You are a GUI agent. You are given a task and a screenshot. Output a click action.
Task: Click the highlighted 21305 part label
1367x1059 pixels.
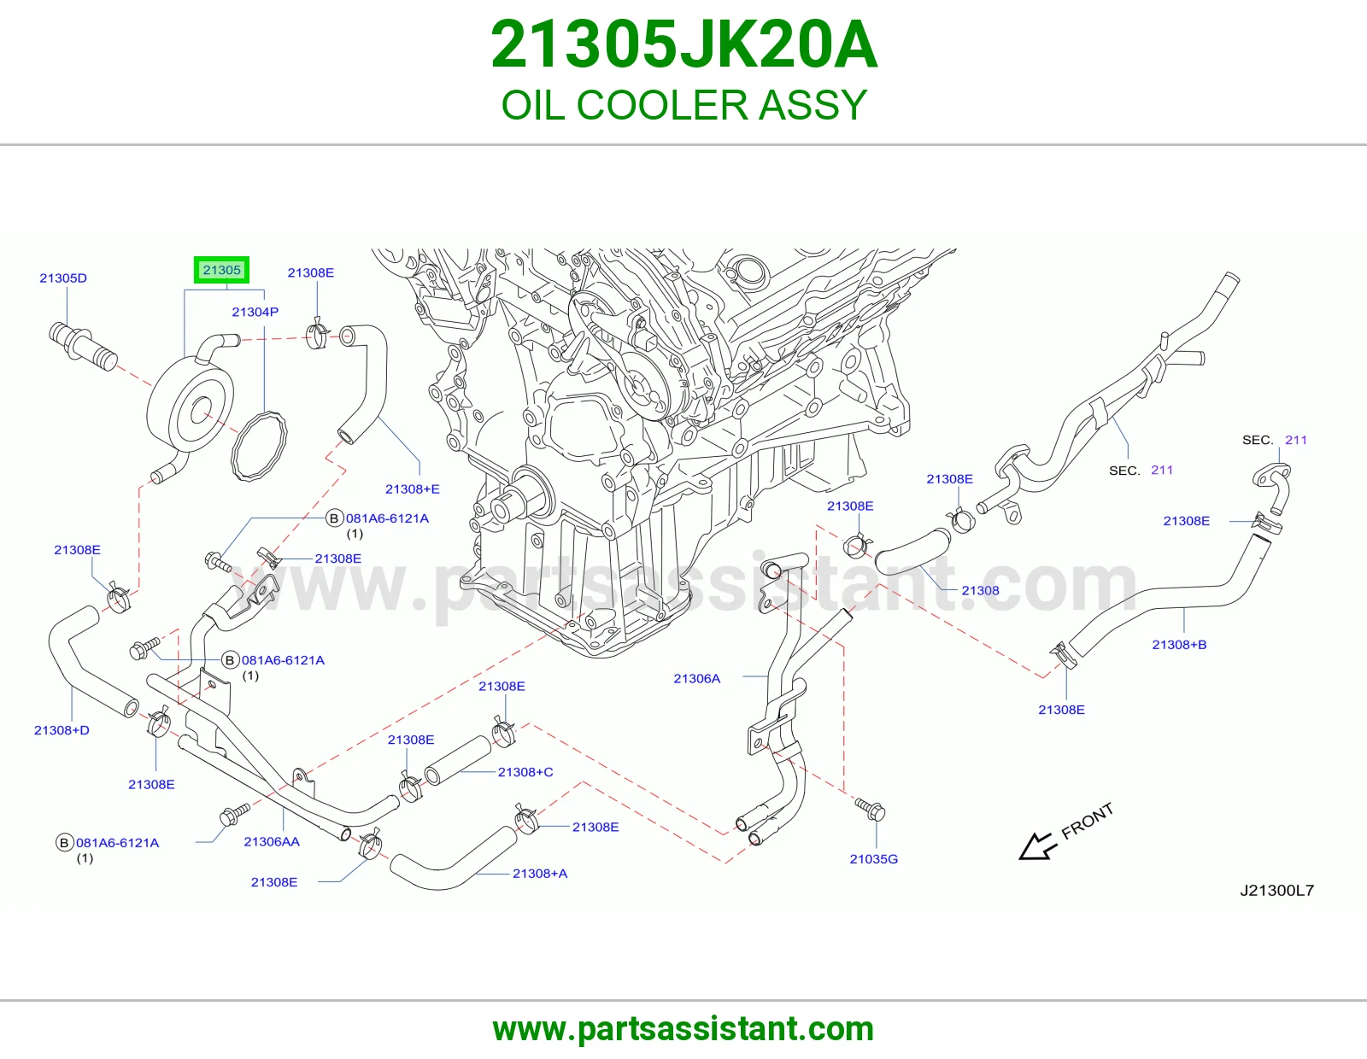(221, 270)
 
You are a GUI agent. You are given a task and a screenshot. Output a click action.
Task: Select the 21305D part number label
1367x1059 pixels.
(63, 278)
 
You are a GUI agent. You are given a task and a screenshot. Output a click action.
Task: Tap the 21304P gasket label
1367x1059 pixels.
(255, 312)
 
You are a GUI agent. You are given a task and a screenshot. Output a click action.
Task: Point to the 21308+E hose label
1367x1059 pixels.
(412, 489)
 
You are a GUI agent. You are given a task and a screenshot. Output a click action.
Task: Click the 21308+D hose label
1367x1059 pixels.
(62, 730)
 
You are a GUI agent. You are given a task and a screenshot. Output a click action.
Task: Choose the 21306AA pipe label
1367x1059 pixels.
(272, 841)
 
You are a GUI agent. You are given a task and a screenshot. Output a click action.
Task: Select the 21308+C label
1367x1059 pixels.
(525, 771)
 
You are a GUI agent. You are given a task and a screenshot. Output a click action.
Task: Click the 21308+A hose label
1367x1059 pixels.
(540, 873)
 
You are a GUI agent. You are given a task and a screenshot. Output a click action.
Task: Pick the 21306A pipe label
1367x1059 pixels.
(697, 678)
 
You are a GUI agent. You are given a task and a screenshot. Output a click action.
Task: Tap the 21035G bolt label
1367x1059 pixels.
(874, 858)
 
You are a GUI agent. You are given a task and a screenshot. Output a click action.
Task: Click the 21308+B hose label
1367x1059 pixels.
(1179, 644)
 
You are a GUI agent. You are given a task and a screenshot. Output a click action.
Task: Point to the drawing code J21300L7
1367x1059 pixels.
(1277, 890)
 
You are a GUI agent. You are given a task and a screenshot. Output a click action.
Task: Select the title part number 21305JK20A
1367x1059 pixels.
(683, 44)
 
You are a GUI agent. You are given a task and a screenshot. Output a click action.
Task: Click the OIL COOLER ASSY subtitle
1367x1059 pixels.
(683, 105)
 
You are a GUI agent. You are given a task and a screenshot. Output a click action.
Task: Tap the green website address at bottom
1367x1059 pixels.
(683, 1029)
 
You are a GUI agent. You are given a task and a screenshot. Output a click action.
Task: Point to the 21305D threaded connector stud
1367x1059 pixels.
(83, 347)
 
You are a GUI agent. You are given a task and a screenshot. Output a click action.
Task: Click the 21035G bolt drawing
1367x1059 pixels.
(871, 809)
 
